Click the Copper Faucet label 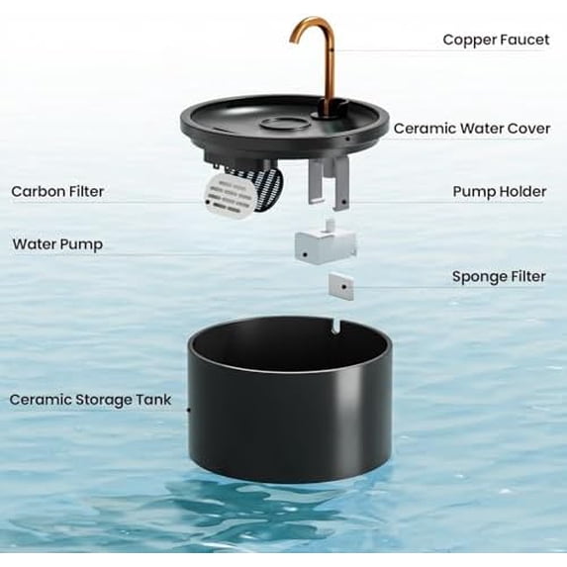[x=495, y=40]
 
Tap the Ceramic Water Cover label [x=470, y=129]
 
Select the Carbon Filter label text [x=57, y=191]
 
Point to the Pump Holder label [x=499, y=191]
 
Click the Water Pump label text [x=57, y=243]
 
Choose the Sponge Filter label [x=499, y=277]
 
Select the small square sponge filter [x=341, y=285]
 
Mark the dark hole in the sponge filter [x=341, y=285]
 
